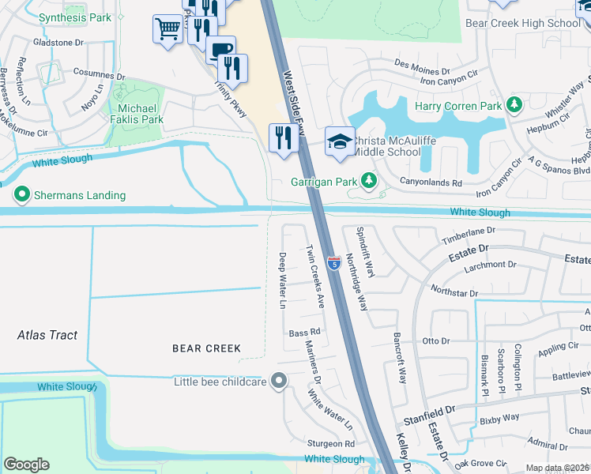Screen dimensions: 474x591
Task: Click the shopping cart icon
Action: (168, 31)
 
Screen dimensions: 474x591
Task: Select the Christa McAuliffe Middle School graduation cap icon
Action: (340, 141)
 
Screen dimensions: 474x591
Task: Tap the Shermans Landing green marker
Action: (21, 194)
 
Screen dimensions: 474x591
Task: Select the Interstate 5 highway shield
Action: (334, 261)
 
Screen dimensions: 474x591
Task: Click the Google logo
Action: (26, 465)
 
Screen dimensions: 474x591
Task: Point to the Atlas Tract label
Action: (47, 335)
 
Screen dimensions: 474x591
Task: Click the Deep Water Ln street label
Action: (282, 280)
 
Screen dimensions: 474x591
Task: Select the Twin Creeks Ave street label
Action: (314, 276)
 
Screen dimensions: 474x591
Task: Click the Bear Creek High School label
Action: (534, 23)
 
